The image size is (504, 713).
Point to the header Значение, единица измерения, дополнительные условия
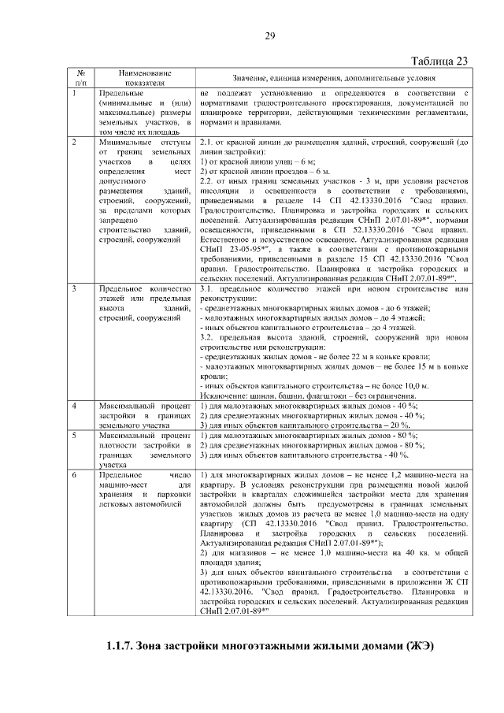point(333,77)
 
